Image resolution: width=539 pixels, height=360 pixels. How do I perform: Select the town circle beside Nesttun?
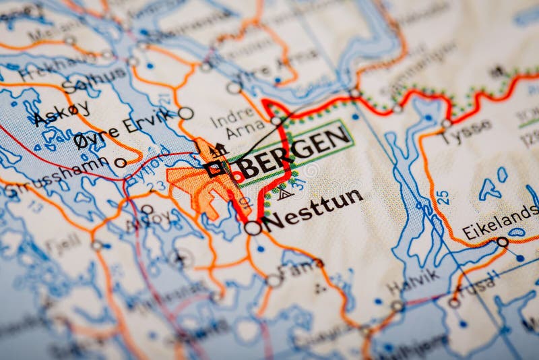(253, 228)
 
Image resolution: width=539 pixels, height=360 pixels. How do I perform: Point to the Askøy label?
(61, 114)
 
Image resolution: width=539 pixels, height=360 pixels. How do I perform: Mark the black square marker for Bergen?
(214, 169)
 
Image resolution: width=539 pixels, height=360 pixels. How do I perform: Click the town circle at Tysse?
(446, 123)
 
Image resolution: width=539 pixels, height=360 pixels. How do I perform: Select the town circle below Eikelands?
(502, 241)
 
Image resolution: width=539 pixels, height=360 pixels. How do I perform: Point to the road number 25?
(442, 198)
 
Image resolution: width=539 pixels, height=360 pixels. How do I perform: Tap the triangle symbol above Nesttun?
(284, 193)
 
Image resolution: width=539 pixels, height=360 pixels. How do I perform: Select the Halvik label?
(413, 280)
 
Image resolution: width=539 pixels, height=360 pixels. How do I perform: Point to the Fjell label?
(65, 244)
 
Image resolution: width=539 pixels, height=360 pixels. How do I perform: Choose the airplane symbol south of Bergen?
(179, 258)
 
